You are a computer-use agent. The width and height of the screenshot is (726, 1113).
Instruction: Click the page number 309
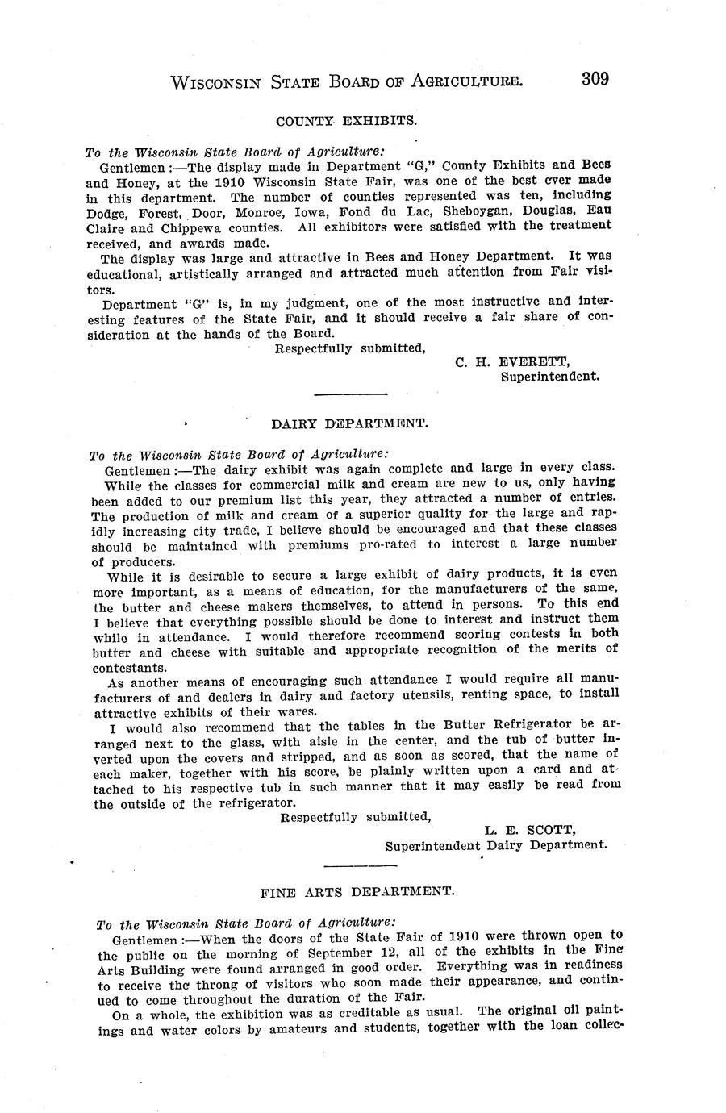593,79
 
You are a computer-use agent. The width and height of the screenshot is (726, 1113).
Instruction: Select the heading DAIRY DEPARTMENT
349,423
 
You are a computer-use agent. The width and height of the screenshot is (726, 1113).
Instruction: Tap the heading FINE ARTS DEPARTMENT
357,892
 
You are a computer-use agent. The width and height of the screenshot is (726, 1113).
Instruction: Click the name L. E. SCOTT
530,830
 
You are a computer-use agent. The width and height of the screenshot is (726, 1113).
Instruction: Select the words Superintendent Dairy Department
495,845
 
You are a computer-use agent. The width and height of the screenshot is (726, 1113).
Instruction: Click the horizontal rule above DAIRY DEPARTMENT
349,394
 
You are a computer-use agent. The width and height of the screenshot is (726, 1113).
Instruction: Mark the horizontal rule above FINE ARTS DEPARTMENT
360,865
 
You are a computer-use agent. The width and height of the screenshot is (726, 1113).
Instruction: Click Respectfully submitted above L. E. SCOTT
355,816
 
